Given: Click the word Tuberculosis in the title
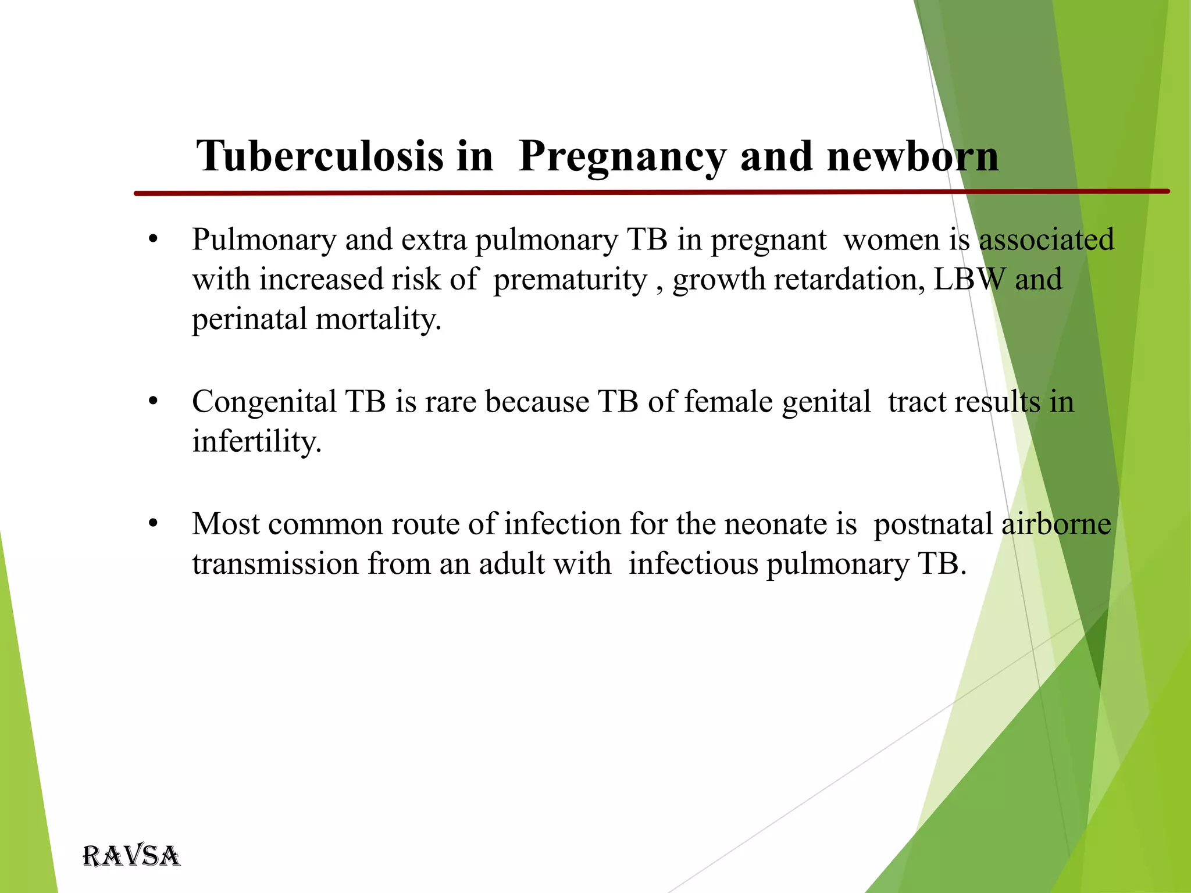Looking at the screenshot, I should (x=319, y=156).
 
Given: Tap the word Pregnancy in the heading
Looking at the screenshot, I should (x=622, y=156).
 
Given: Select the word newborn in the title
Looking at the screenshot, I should (x=912, y=156).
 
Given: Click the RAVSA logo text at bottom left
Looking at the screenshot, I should (x=131, y=856).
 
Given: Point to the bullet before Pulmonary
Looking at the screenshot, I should (x=153, y=240).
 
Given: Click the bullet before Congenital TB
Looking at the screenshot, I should (x=153, y=402).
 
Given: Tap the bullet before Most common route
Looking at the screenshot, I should (x=153, y=524).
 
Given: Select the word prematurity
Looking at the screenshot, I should (x=570, y=280).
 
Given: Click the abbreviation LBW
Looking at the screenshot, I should (x=969, y=280).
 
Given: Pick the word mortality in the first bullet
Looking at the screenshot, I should (x=379, y=319).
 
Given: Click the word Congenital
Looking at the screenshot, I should (x=264, y=402).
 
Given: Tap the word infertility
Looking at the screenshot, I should (x=256, y=441).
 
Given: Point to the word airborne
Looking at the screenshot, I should (x=1056, y=524).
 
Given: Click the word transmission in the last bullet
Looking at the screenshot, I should (x=275, y=563).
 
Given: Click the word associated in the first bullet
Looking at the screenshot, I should (x=1047, y=240).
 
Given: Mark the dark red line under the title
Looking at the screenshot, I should (x=582, y=192).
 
